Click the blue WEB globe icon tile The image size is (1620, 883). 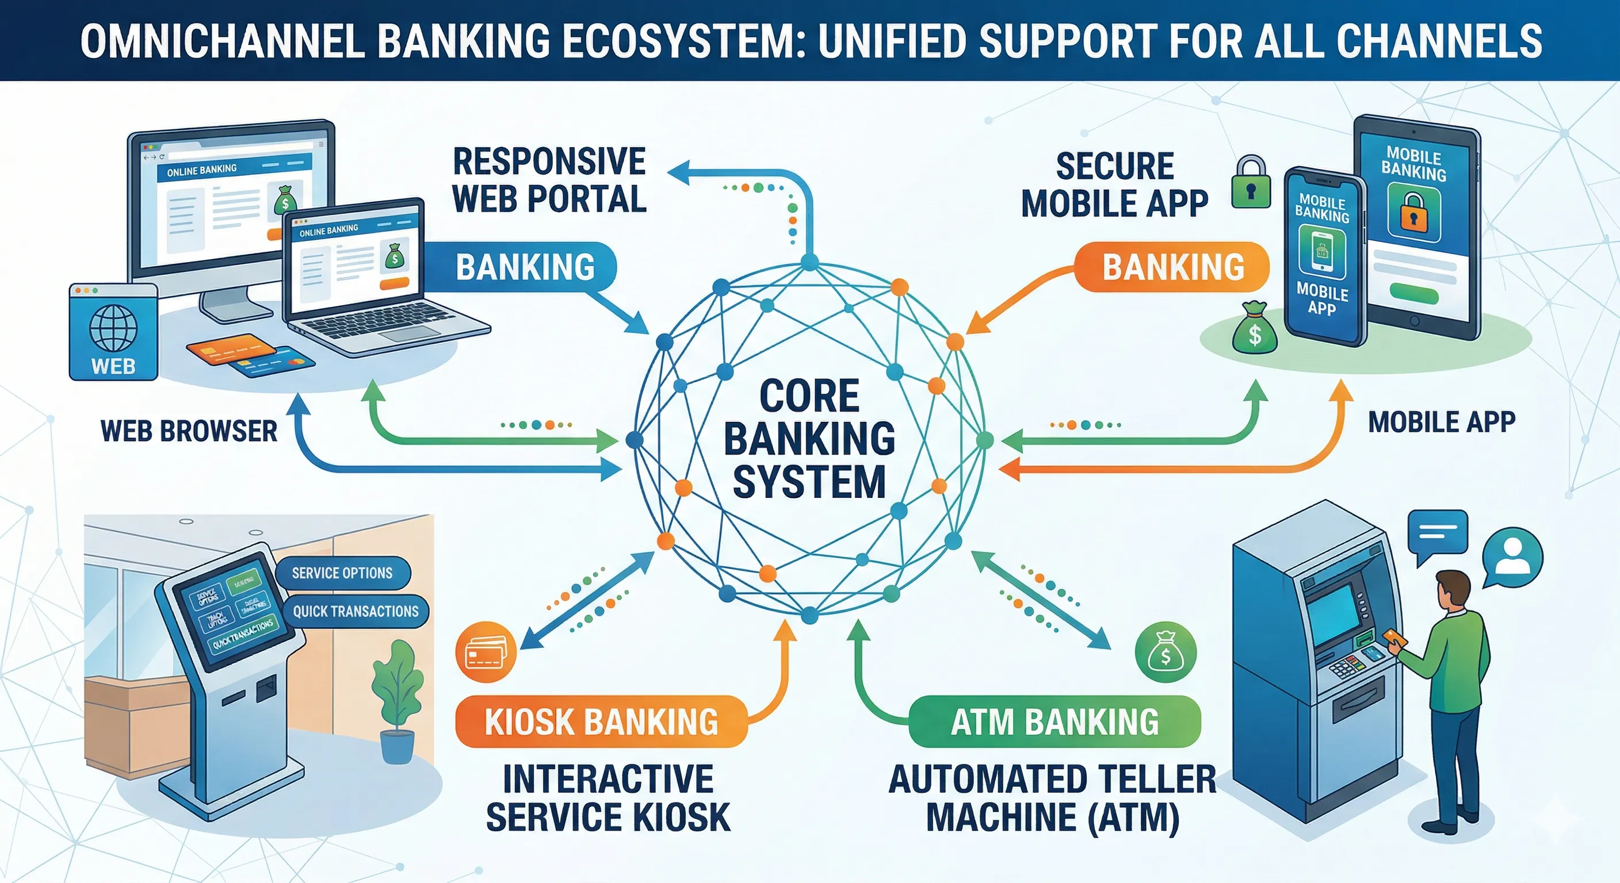(113, 332)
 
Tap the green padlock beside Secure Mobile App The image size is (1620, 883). (1250, 183)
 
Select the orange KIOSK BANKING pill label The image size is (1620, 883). (601, 721)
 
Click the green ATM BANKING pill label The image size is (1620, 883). (1054, 721)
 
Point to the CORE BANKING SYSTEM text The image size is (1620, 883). (809, 439)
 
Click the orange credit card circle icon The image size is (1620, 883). (486, 652)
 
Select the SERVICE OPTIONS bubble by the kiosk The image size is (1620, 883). (342, 573)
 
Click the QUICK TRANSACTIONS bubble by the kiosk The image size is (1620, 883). (356, 612)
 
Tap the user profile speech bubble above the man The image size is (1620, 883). (1512, 557)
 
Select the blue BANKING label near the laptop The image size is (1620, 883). (525, 267)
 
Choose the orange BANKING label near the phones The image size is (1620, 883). (1173, 267)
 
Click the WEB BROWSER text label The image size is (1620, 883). (189, 431)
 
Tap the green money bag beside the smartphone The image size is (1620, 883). (1255, 330)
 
